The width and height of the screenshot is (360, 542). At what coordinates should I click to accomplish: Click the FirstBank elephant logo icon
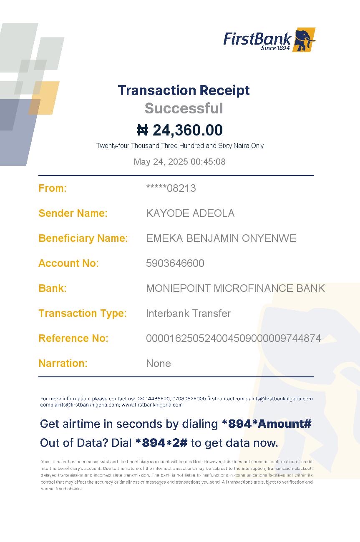304,40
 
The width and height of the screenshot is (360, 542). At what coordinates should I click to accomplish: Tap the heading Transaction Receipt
184,90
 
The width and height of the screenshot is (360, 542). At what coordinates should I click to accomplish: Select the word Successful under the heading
184,108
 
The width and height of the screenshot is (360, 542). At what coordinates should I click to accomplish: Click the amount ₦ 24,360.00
180,130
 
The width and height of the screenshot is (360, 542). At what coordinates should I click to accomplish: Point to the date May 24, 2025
161,162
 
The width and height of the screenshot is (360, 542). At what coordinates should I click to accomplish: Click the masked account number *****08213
171,188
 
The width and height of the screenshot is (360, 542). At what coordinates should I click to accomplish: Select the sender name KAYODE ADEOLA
190,213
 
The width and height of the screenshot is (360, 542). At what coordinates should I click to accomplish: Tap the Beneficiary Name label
83,238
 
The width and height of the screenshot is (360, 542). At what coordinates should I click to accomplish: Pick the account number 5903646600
175,263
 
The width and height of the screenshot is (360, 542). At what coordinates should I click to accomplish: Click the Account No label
68,263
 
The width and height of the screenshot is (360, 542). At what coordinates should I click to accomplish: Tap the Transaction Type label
82,313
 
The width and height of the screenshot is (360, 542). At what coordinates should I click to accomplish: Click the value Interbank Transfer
188,313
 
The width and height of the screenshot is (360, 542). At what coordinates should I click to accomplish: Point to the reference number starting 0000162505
233,338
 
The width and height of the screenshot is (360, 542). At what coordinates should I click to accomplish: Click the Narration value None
159,363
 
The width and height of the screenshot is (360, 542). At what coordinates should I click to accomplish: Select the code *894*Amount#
267,424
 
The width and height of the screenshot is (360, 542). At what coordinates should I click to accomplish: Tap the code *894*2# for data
161,443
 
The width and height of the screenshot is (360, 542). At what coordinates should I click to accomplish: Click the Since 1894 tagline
275,48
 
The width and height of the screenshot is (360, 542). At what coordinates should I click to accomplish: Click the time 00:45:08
208,162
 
